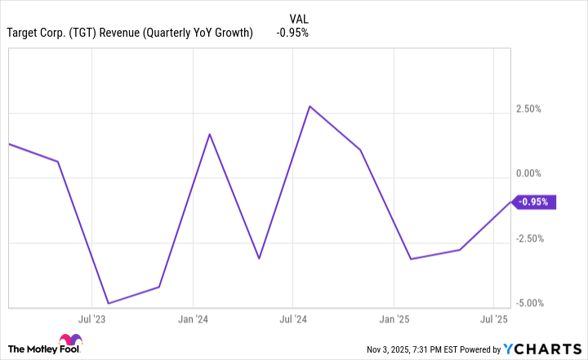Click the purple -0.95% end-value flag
click(x=534, y=202)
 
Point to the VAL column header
click(x=300, y=18)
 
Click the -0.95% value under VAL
click(x=292, y=33)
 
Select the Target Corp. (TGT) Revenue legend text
click(x=129, y=33)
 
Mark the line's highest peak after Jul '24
click(x=310, y=106)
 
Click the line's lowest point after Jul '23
click(x=109, y=304)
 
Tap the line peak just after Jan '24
click(x=210, y=134)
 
